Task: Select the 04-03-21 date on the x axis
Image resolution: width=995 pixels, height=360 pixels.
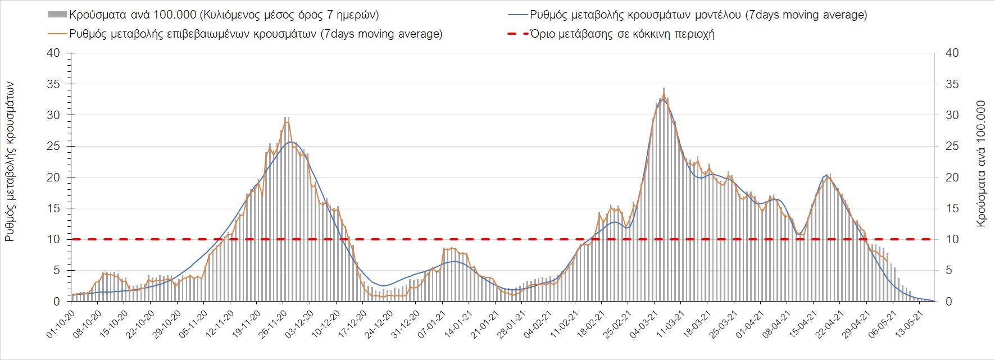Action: [x=643, y=323]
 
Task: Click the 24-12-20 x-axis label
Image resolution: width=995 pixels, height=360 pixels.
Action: [x=378, y=323]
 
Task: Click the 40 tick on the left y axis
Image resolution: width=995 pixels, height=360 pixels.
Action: [x=54, y=53]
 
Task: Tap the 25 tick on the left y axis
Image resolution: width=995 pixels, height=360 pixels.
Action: [x=54, y=147]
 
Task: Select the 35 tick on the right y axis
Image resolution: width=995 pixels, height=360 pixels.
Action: [x=952, y=84]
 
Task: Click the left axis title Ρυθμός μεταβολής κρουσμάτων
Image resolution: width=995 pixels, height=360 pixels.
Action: [x=10, y=162]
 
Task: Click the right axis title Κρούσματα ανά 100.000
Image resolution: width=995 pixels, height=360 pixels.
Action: [x=982, y=164]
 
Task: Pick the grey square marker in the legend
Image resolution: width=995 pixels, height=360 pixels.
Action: [x=58, y=15]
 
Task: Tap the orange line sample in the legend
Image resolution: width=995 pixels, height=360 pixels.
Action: [x=58, y=34]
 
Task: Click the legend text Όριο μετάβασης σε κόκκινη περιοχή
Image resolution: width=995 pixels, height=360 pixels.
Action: [x=622, y=34]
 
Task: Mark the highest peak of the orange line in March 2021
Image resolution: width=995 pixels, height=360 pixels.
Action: [x=664, y=95]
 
